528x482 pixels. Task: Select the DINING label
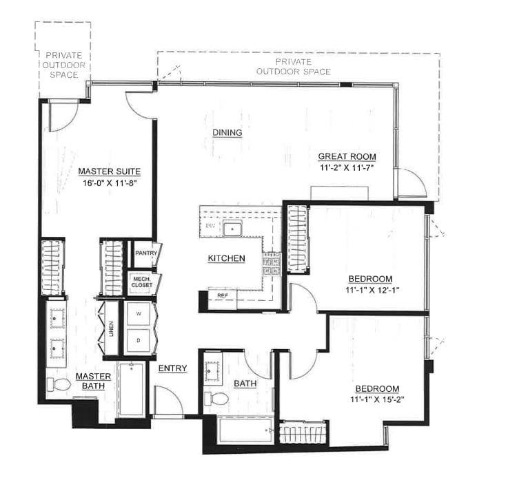(x=227, y=132)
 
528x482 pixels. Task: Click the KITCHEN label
(x=226, y=258)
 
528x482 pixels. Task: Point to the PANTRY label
(x=145, y=253)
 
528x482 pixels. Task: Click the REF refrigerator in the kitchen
(x=223, y=295)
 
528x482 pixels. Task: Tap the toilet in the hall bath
(x=220, y=398)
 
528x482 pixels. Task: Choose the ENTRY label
(x=172, y=368)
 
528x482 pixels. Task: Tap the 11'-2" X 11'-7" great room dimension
(x=347, y=167)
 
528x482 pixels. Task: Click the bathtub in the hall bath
(x=245, y=430)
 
